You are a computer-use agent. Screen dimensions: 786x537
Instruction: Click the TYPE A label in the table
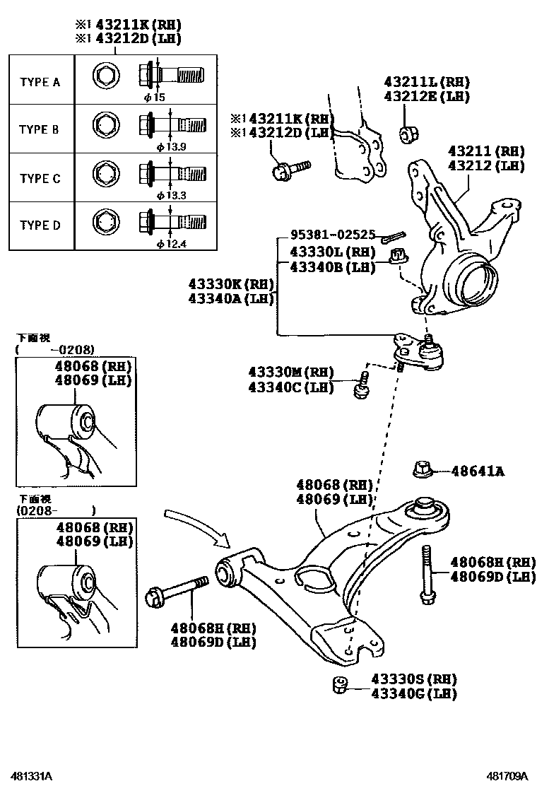40,82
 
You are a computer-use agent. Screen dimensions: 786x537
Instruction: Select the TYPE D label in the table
40,225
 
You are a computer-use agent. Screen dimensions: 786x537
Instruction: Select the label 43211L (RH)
427,83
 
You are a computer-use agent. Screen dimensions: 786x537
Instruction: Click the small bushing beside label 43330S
338,684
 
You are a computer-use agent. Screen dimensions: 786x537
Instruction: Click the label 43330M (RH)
290,373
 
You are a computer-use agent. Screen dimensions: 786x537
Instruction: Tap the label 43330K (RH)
230,283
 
